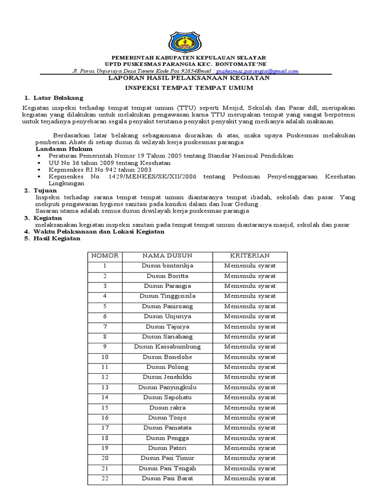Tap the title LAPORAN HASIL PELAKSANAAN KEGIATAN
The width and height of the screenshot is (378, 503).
click(189, 78)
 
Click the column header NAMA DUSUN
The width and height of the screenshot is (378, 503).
click(167, 256)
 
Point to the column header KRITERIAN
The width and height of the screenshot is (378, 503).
click(250, 256)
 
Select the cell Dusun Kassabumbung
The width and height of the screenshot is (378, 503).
click(167, 346)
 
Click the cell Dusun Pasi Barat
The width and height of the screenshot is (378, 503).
click(167, 478)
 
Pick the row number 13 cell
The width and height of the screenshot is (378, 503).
click(105, 387)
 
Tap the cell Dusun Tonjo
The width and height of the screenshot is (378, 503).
click(167, 418)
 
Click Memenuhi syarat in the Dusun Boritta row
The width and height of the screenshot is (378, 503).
click(250, 276)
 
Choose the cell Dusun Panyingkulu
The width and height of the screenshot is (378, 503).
click(167, 387)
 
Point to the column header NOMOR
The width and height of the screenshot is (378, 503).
click(105, 256)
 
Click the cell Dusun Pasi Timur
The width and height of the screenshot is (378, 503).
click(167, 458)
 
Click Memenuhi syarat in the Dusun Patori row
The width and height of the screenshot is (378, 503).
click(250, 448)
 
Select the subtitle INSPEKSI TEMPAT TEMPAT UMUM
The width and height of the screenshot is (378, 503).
click(189, 88)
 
